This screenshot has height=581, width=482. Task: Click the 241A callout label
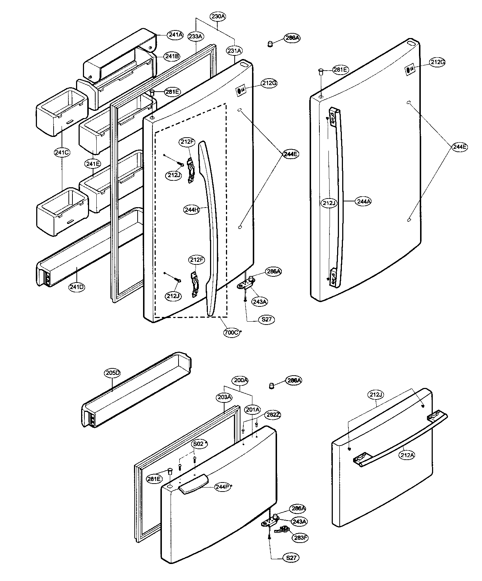[x=175, y=35]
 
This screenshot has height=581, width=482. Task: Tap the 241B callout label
[x=172, y=57]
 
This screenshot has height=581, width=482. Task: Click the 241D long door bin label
[x=77, y=287]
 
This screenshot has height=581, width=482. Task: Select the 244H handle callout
[x=192, y=210]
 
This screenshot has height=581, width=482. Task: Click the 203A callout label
[x=224, y=397]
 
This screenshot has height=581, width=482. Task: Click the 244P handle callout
[x=221, y=487]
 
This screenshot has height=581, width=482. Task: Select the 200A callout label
[x=241, y=380]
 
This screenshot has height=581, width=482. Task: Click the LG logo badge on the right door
[x=408, y=70]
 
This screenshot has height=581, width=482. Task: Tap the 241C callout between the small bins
[x=62, y=152]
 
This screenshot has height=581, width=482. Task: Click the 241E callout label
[x=93, y=164]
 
